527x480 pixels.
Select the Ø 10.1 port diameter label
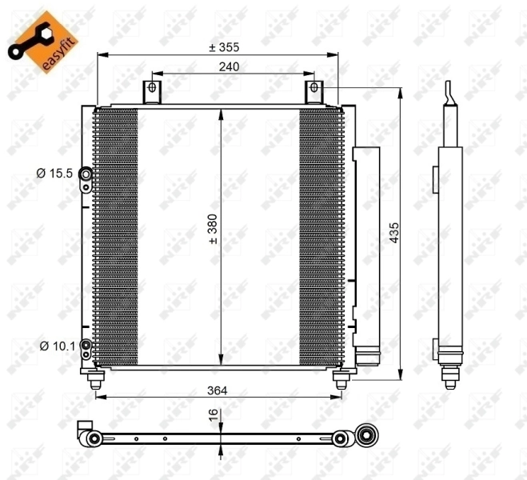click(56, 346)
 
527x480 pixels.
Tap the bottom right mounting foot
click(341, 380)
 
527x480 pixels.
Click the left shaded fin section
click(115, 236)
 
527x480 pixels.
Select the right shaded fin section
click(320, 236)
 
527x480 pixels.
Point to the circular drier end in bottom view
click(368, 437)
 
